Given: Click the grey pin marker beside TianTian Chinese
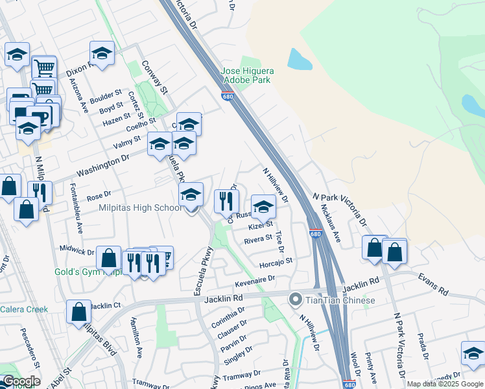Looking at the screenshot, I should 296,300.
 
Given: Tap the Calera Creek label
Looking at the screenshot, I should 24,309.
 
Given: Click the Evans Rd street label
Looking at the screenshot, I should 434,284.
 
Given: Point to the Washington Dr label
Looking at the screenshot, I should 102,165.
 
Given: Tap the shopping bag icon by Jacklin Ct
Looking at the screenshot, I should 79,312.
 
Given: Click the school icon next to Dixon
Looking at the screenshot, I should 102,53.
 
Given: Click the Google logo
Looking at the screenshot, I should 21,381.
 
